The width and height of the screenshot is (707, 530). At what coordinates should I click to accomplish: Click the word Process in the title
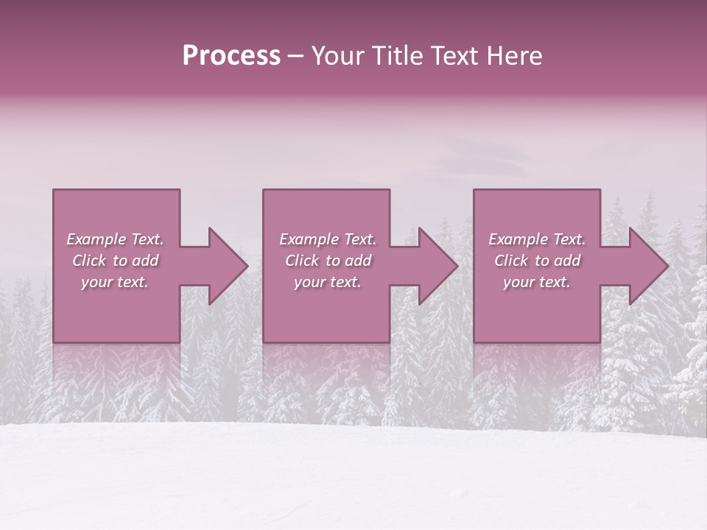(x=231, y=56)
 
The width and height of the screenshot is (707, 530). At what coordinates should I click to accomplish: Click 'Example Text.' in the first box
(x=115, y=239)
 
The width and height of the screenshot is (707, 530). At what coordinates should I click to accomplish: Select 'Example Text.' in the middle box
(x=328, y=239)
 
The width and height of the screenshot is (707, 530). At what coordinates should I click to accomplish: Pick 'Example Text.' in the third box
(x=537, y=239)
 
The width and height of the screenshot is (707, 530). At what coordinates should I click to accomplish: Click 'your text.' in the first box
(x=115, y=282)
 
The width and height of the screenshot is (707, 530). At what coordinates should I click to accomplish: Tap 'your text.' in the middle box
(x=328, y=282)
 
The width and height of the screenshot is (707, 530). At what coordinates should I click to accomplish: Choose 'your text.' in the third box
(x=537, y=282)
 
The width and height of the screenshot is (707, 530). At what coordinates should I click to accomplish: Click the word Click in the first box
(x=90, y=261)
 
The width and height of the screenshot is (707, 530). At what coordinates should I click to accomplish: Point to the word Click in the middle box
(x=303, y=261)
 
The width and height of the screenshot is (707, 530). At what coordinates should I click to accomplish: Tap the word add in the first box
(x=145, y=261)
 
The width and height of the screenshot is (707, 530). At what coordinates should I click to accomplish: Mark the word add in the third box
(x=567, y=261)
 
